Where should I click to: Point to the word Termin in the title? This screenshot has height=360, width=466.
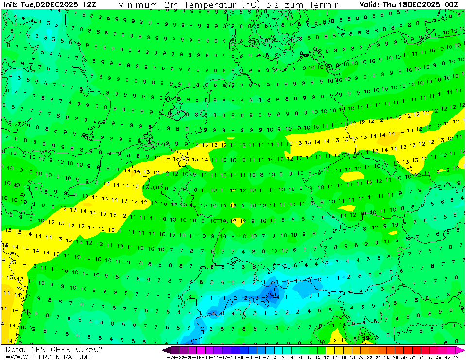pyautogui.click(x=325, y=5)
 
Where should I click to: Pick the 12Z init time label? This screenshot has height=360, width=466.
pyautogui.click(x=89, y=5)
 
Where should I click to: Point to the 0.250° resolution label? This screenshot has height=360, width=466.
pyautogui.click(x=89, y=350)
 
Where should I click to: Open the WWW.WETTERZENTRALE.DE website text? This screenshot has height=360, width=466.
pyautogui.click(x=48, y=357)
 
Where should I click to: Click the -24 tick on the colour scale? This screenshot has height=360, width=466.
pyautogui.click(x=171, y=357)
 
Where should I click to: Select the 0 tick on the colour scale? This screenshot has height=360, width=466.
pyautogui.click(x=275, y=357)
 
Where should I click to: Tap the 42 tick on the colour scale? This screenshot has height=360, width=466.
pyautogui.click(x=456, y=357)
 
